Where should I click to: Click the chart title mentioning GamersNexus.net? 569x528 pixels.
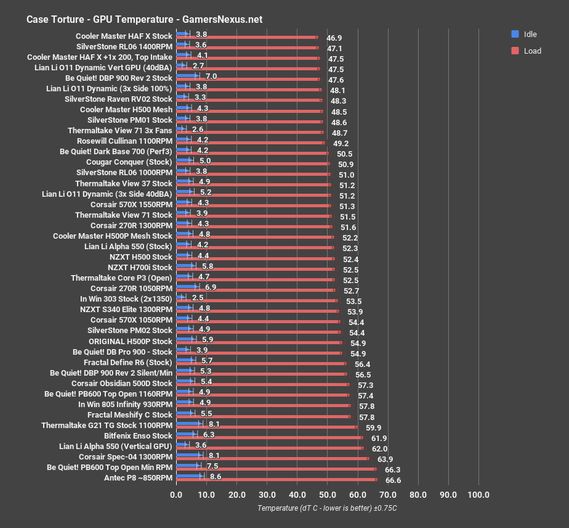(144, 19)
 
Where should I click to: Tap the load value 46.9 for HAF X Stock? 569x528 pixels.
(335, 38)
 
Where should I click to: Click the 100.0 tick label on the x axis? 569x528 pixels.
(478, 495)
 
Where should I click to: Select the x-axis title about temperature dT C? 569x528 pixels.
(327, 508)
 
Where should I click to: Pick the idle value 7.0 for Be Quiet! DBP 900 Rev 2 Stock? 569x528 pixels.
(211, 77)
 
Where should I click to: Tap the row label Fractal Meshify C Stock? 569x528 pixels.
(130, 415)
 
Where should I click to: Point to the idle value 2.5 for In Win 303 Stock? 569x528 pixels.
(198, 299)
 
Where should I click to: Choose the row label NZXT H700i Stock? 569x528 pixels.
(140, 268)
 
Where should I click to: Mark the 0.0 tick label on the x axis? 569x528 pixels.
(176, 495)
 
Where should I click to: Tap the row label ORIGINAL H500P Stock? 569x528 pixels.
(131, 341)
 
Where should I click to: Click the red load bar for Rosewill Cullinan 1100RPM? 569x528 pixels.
(249, 142)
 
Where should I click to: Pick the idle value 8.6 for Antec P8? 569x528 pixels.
(216, 477)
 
